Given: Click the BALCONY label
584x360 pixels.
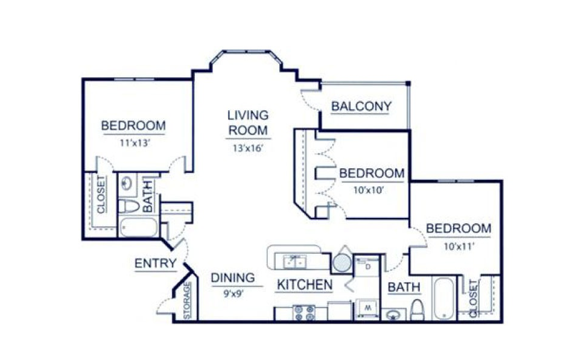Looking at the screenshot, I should [x=361, y=107].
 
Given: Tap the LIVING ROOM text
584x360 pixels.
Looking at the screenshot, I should [x=247, y=122].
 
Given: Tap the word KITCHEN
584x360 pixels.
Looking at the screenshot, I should [x=305, y=285].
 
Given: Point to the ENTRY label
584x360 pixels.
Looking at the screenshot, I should [x=156, y=264].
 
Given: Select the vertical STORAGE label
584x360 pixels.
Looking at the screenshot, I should [x=187, y=300].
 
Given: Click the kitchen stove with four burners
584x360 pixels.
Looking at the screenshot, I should [x=303, y=312].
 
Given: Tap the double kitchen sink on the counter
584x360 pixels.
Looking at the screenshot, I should [x=296, y=261].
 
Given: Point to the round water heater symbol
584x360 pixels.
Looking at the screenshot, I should [x=341, y=262].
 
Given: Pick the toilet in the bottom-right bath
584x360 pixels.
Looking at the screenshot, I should [x=417, y=309].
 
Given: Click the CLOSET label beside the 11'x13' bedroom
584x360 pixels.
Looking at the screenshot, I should [x=101, y=194].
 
